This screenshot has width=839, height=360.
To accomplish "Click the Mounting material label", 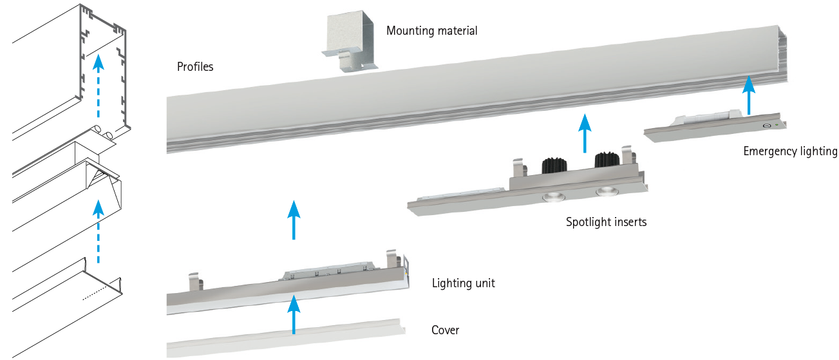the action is tap(431, 31).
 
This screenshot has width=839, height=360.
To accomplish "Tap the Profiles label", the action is tap(194, 67).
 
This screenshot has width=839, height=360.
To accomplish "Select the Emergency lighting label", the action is tap(790, 151).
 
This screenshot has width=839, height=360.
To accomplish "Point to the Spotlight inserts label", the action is tap(606, 222).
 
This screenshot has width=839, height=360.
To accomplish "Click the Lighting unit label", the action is tap(464, 283).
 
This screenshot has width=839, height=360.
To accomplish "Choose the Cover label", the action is tap(445, 330).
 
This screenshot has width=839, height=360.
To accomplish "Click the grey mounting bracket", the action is tap(350, 41).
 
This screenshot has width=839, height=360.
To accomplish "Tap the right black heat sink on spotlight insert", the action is tap(607, 160).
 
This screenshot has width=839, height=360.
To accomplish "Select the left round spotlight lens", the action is tap(553, 196).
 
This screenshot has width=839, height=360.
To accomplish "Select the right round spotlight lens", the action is tap(607, 191).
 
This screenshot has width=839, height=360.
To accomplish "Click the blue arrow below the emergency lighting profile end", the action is tap(749, 95).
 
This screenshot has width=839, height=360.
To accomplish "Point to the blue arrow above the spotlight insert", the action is tap(585, 133).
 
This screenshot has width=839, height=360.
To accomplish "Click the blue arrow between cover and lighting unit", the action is tap(294, 314).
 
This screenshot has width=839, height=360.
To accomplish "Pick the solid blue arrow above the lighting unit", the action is tap(294, 220).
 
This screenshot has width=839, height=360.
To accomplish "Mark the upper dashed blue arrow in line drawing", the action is tap(98, 86).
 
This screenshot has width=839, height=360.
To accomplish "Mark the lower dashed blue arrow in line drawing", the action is tap(98, 231).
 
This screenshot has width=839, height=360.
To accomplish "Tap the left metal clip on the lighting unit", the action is tap(196, 281).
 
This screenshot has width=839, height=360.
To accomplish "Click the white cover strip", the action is tap(286, 338).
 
